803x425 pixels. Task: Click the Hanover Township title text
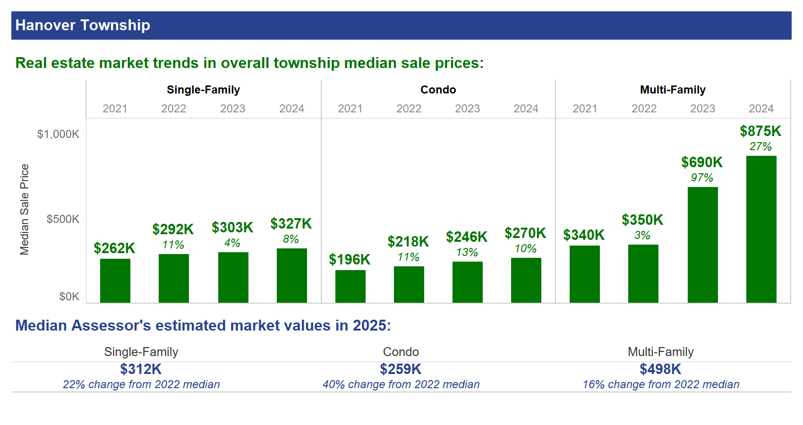[83, 25]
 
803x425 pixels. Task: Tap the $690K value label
[701, 162]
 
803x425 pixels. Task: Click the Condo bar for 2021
[350, 286]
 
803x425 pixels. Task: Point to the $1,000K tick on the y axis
[58, 134]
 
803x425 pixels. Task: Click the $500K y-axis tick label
[63, 219]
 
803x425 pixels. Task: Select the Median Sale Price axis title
[25, 209]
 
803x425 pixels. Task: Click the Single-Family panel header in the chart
[203, 90]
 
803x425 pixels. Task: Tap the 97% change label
[701, 178]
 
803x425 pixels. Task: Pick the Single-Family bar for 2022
[173, 278]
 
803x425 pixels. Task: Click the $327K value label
[291, 224]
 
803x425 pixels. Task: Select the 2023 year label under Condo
[467, 109]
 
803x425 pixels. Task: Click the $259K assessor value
[401, 369]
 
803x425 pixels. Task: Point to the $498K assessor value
[660, 369]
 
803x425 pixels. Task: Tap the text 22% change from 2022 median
[141, 384]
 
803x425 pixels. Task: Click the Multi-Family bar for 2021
[584, 274]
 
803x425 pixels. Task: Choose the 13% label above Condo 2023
[467, 253]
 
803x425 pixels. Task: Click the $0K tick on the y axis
[69, 297]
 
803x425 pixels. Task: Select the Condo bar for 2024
[526, 280]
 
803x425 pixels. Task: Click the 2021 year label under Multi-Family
[585, 109]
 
